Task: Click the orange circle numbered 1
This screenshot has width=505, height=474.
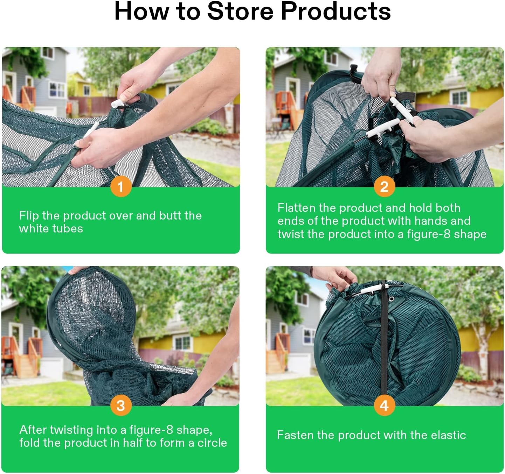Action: point(121,187)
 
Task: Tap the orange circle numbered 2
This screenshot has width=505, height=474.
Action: point(384,187)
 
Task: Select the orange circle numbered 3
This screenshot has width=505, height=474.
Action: point(121,405)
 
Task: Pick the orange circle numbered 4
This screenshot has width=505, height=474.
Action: point(384,405)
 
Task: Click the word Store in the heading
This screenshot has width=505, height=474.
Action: point(240,11)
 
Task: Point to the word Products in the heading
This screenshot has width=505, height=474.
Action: point(336,11)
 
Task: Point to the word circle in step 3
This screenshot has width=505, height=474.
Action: point(212,443)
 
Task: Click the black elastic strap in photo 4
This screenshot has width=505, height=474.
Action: point(383,340)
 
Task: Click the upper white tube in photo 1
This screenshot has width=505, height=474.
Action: point(117,103)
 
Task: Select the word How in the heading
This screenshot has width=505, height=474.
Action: point(141,11)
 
